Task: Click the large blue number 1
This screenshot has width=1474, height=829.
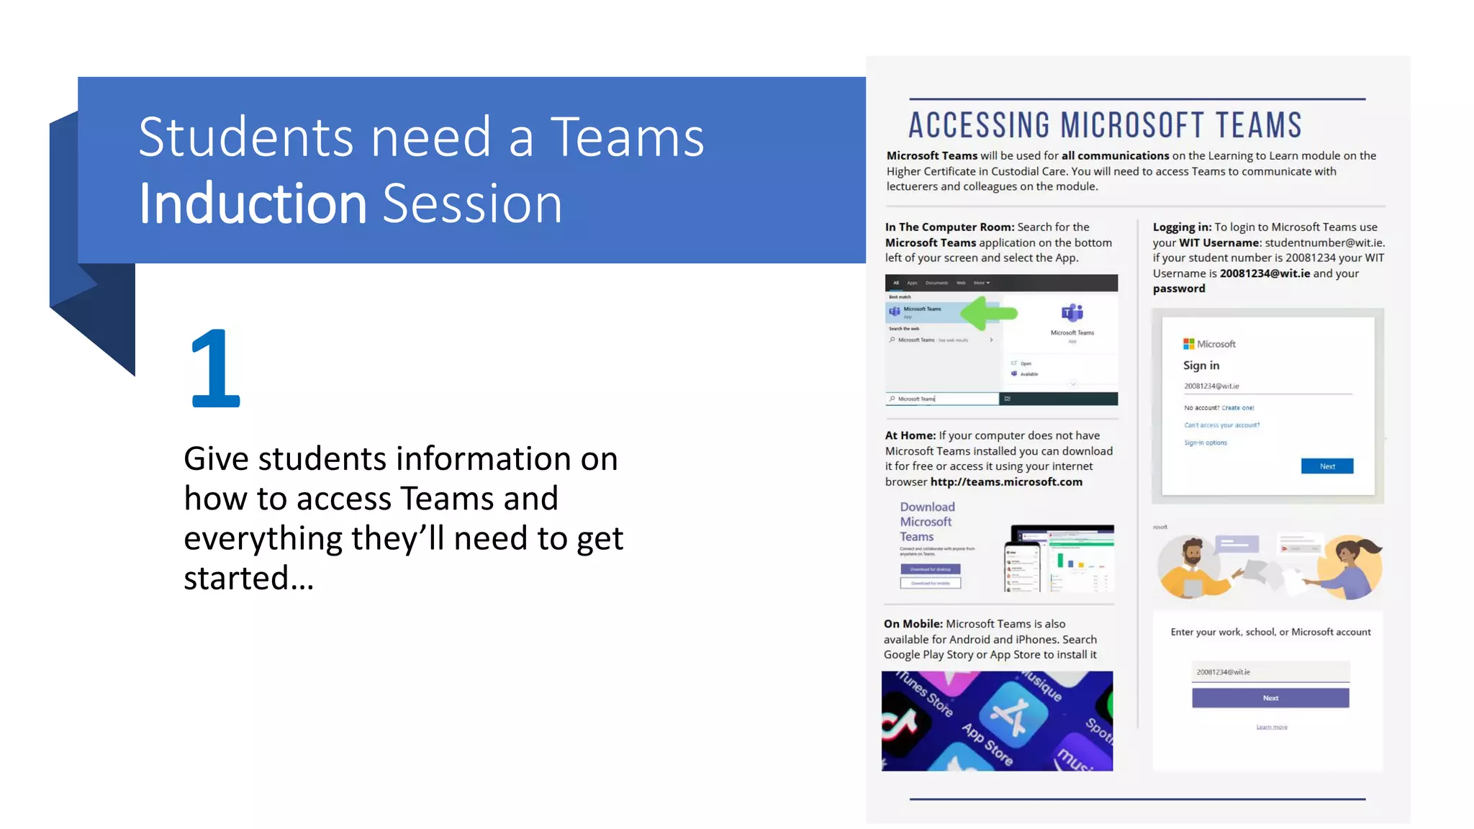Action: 215,368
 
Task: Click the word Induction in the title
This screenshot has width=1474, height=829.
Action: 253,204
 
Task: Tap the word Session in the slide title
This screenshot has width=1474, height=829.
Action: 472,204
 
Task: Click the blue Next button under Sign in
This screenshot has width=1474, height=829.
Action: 1326,466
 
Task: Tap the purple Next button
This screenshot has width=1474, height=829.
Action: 1270,698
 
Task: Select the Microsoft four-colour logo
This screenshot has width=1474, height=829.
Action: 1188,344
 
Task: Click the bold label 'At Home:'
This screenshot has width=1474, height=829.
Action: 910,435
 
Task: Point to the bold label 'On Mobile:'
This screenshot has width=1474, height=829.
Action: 913,624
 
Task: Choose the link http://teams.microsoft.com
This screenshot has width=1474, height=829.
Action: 1006,482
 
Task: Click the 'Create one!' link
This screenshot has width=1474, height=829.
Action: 1237,408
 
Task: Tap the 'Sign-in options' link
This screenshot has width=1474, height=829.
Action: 1206,443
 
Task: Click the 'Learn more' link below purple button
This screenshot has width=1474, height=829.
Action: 1272,727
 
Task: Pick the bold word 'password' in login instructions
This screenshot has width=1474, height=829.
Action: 1179,289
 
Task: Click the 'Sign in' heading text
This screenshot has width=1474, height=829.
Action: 1201,366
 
